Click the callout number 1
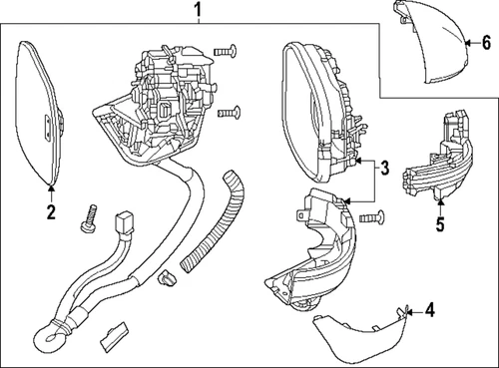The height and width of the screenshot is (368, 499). tap(198, 12)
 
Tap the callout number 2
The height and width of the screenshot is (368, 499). tap(50, 211)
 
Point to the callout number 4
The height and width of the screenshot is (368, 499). tap(430, 311)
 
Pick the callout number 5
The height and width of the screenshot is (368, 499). tap(438, 224)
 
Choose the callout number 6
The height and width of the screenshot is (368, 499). tap(486, 42)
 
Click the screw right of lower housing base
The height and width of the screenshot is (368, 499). tap(371, 216)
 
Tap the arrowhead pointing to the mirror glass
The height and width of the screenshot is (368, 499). tap(50, 185)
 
